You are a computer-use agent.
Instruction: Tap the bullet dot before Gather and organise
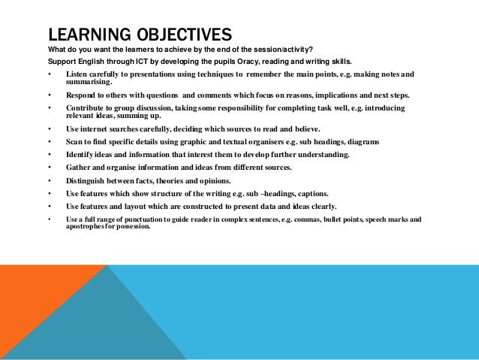coord(49,168)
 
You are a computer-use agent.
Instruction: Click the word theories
coord(169,180)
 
